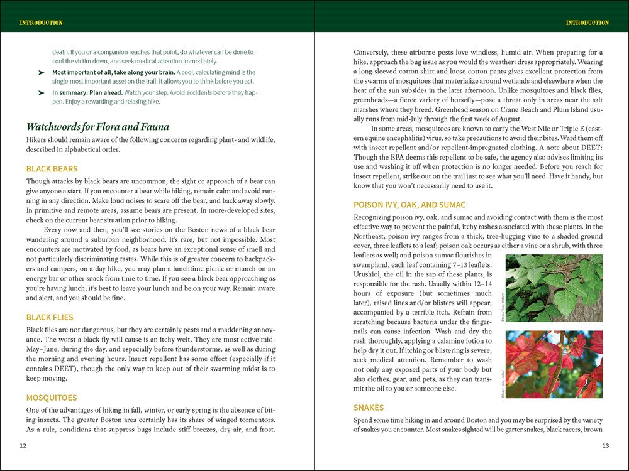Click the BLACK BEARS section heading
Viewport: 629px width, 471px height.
52,169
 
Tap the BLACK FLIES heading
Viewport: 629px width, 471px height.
50,317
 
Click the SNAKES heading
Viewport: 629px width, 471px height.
369,408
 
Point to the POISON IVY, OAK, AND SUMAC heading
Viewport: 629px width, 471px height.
409,205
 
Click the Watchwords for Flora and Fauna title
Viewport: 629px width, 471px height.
97,127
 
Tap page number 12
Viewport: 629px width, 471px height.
23,446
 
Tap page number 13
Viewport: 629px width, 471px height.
605,446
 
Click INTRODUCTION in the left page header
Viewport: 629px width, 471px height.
41,23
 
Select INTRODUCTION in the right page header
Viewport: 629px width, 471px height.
587,23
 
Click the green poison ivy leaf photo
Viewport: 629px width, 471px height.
554,288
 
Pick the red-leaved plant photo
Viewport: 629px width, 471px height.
554,364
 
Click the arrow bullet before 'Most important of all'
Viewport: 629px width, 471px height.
41,73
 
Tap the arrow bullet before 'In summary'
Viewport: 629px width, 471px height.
41,93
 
